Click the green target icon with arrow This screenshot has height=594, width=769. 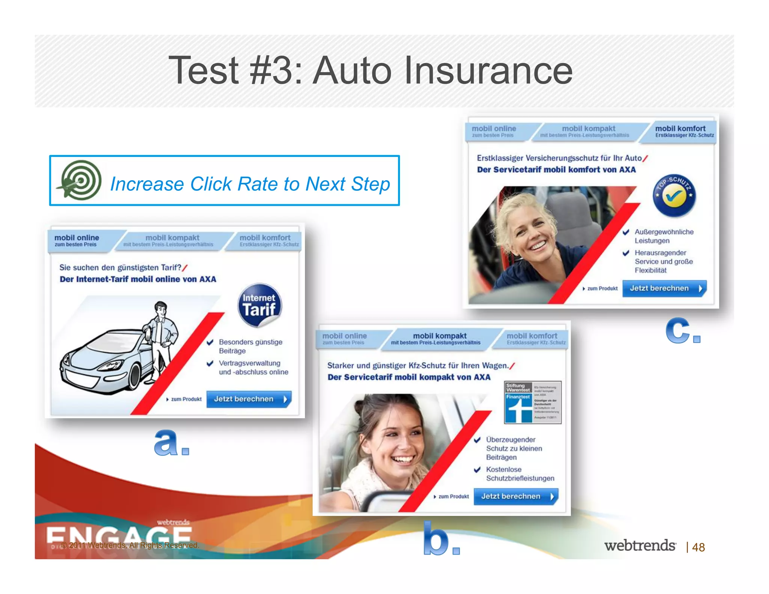(x=80, y=180)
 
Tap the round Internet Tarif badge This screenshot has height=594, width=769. (x=259, y=305)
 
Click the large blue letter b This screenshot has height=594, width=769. (x=436, y=539)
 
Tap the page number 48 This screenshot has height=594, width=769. (x=698, y=547)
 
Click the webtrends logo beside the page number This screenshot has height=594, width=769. (x=640, y=546)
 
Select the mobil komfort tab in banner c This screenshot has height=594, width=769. (x=680, y=131)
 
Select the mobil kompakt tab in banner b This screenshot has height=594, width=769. (x=439, y=339)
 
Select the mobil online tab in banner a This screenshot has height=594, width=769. (x=77, y=240)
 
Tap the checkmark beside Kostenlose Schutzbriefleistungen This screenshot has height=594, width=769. (x=477, y=469)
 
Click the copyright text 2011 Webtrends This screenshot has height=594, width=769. (x=130, y=545)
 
